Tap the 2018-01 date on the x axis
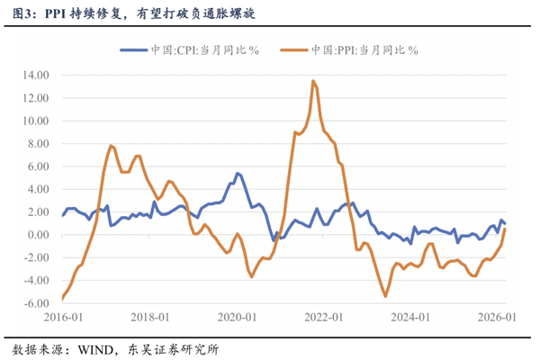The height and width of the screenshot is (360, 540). pos(152,318)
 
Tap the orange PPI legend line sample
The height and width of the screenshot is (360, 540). pos(295,51)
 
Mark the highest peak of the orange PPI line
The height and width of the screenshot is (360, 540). pos(312,81)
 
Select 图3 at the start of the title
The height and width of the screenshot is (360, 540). pos(22,13)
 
